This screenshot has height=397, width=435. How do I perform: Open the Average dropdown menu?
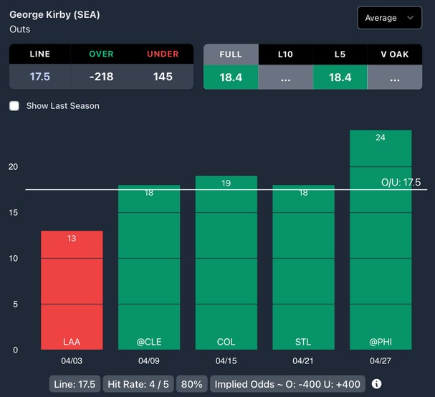389,17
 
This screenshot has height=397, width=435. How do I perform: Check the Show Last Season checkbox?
14,106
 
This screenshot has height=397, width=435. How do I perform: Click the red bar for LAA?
72,290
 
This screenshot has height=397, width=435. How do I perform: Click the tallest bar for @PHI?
381,240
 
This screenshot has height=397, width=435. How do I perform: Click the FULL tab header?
231,54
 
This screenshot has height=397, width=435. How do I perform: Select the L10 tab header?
285,54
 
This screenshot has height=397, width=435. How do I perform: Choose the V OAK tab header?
394,54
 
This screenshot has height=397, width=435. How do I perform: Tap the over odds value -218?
101,77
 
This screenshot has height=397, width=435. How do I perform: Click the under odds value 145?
163,77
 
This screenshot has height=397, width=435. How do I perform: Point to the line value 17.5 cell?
40,77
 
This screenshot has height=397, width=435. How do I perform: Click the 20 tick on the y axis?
13,167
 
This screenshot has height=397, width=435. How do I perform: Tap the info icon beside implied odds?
377,384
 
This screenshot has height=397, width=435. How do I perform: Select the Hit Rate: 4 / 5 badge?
138,384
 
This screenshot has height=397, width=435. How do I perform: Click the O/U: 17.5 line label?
401,183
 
